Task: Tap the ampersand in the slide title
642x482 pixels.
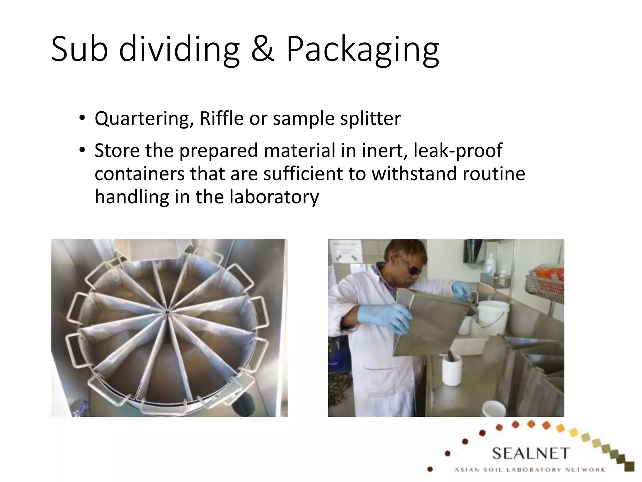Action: coord(263,50)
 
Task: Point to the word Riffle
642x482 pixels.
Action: coord(221,119)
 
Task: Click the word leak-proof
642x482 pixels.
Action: coord(458,151)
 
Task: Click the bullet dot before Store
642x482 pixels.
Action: coord(82,150)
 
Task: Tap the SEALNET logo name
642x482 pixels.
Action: coord(531,453)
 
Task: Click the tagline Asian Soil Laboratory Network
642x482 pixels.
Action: coord(530,470)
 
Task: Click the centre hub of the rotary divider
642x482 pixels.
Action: coord(167,312)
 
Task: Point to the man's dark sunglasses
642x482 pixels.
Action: coord(413,270)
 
